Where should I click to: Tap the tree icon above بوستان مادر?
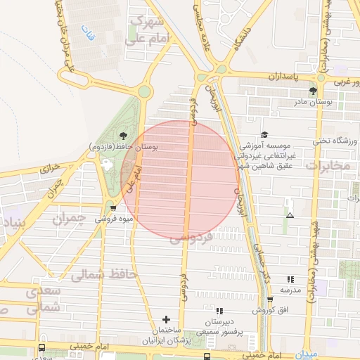tap(313, 91)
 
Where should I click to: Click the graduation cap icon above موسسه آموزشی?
tap(264, 134)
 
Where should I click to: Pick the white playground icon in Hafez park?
tap(108, 164)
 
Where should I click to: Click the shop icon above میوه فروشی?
tap(113, 208)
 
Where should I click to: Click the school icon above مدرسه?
tap(290, 279)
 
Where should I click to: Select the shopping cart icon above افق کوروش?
tap(269, 300)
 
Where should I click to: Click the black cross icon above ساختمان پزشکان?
tap(166, 320)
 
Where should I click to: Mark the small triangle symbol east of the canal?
tap(290, 214)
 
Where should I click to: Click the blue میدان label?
tap(307, 354)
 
